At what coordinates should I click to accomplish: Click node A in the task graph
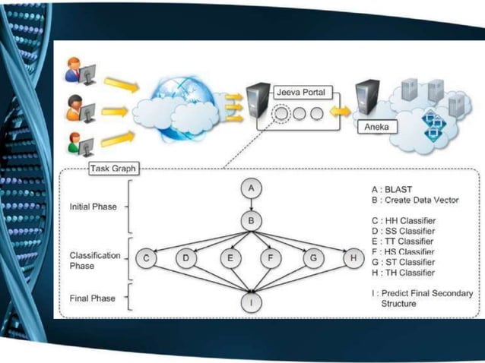tap(251, 188)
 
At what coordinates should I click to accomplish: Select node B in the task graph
tap(251, 222)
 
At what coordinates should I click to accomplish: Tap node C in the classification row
tap(146, 258)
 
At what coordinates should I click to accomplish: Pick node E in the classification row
tap(230, 258)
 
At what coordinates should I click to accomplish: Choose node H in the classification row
tap(353, 258)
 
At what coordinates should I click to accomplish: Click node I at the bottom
tap(251, 301)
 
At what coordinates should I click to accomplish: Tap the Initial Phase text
tap(93, 206)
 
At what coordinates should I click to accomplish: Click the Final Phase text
tap(92, 298)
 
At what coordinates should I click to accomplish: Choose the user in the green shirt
tap(74, 142)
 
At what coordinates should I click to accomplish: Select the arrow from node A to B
tap(251, 205)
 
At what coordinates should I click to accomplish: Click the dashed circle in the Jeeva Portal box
tap(281, 113)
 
